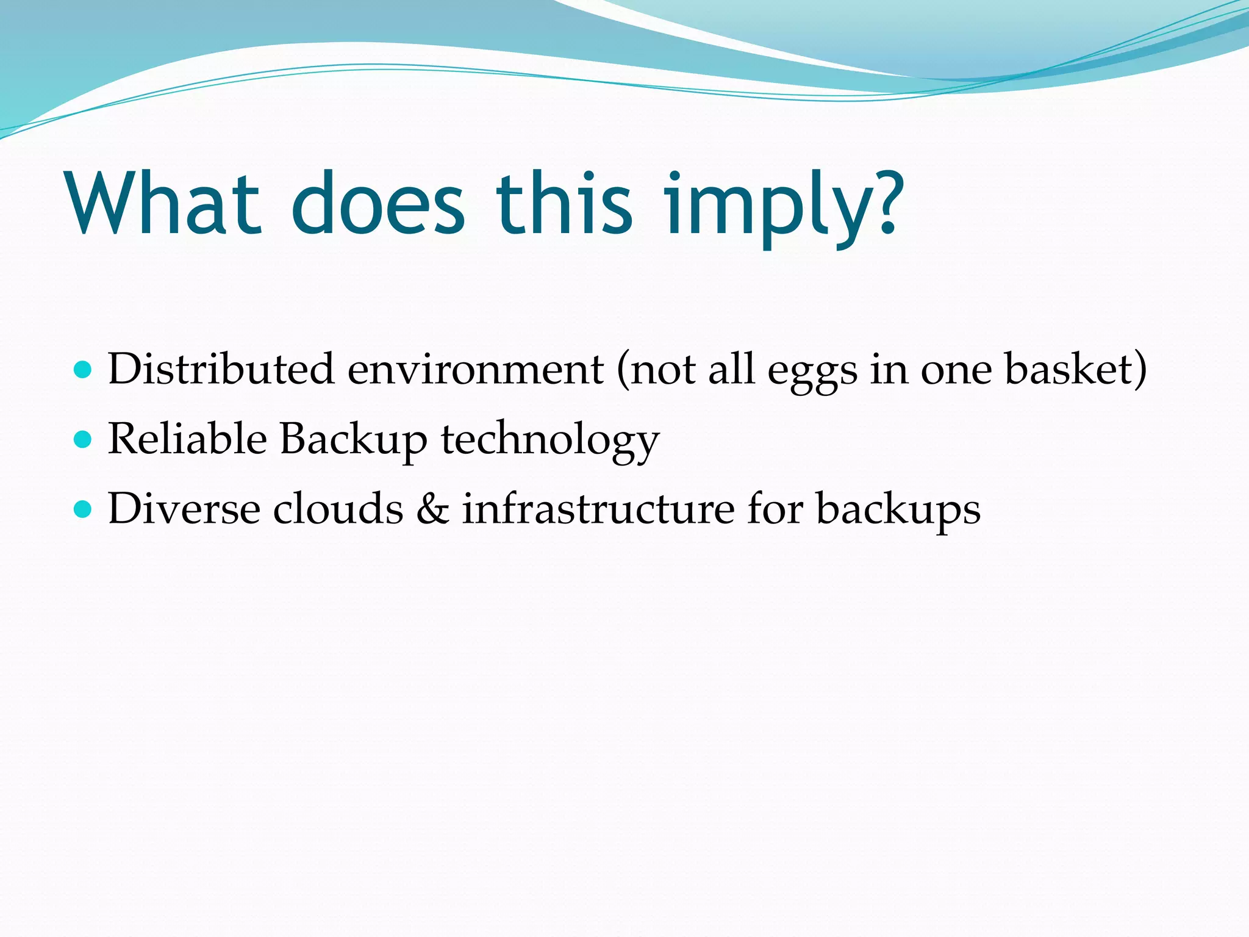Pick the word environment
tap(476, 371)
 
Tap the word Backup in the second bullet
tap(354, 440)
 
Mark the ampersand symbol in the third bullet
tap(432, 509)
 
